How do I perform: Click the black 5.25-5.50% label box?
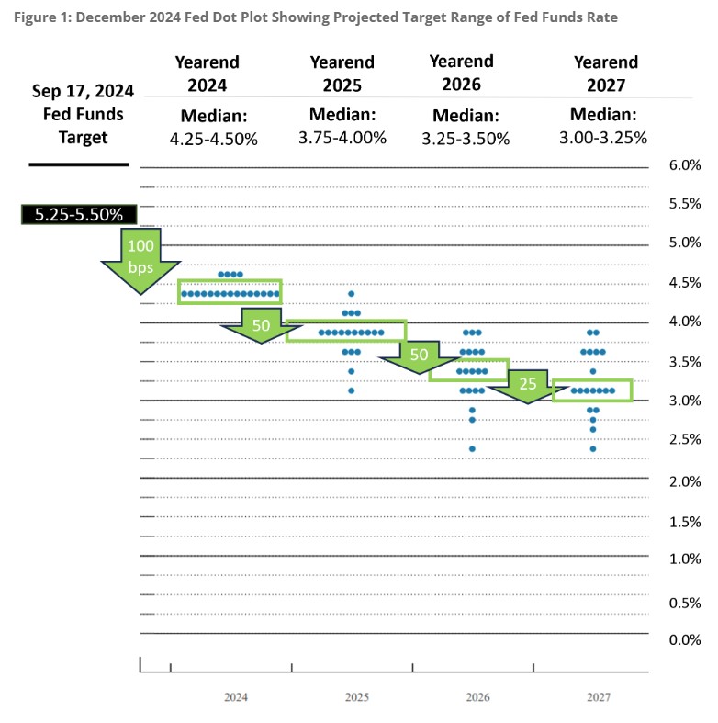click(79, 215)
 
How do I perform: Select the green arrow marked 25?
click(526, 384)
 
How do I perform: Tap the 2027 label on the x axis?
click(599, 697)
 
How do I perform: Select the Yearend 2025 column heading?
click(342, 73)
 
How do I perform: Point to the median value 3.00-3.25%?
click(602, 138)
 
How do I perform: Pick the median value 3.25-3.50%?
click(466, 138)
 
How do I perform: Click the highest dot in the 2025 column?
click(351, 294)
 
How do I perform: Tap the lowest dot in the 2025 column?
click(351, 390)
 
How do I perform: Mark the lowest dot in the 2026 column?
click(472, 448)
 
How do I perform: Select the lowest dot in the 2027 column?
click(593, 448)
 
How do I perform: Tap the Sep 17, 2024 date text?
click(83, 92)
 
